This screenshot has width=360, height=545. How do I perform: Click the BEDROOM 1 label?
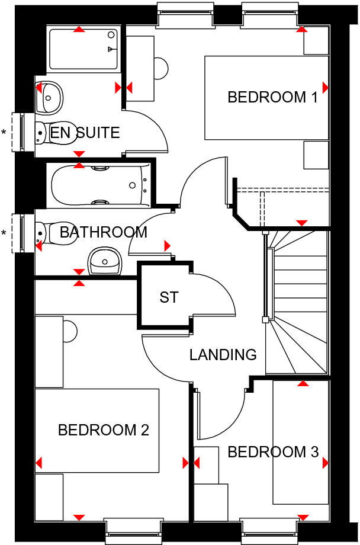[x=273, y=97]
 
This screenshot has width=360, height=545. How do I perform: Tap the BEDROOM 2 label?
[x=103, y=429]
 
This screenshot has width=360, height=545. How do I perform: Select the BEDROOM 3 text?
[x=273, y=453]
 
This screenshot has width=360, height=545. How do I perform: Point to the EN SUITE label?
[x=85, y=132]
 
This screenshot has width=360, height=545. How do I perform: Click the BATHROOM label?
[x=103, y=232]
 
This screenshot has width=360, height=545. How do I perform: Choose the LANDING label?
[x=223, y=355]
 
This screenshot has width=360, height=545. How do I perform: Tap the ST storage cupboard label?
[x=169, y=297]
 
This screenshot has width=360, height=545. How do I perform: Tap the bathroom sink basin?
[x=106, y=261]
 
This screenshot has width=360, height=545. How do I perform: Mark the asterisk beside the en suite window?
[x=5, y=132]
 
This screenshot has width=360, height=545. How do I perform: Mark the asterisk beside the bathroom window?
[x=5, y=233]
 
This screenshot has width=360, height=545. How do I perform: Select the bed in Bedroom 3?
[x=300, y=441]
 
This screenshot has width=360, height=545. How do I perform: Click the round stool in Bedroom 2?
[x=70, y=331]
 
